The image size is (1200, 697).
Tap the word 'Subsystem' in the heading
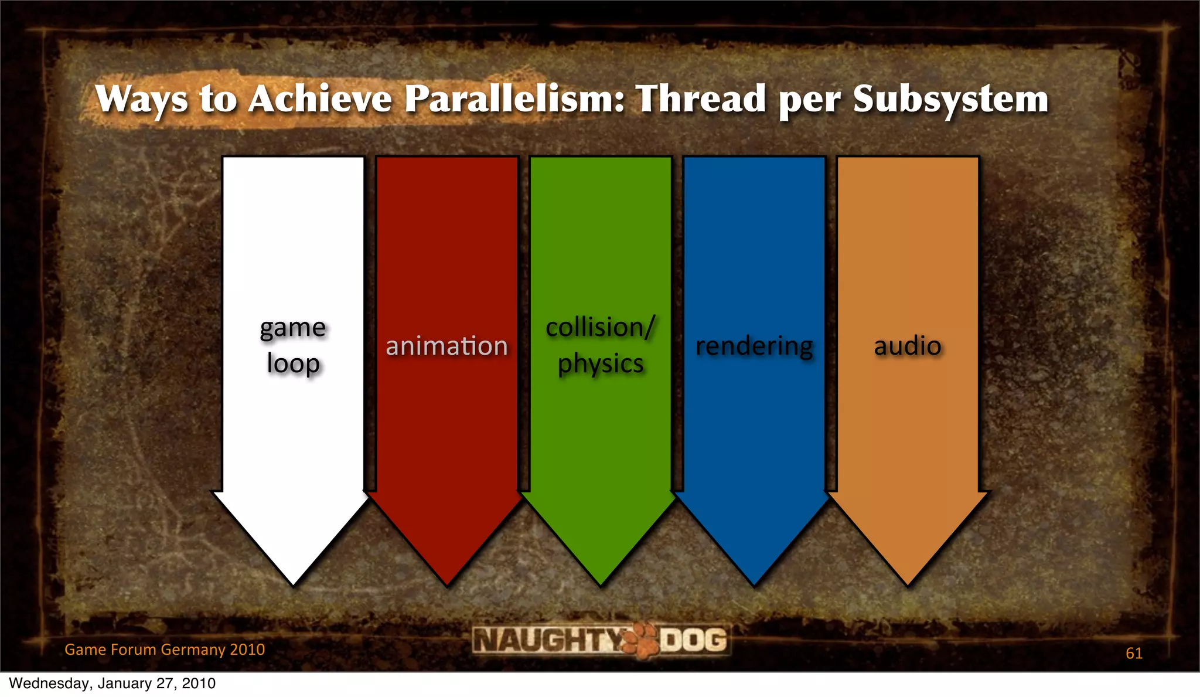click(950, 98)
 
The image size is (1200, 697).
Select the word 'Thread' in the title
click(701, 98)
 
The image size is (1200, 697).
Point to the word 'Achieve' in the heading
click(320, 98)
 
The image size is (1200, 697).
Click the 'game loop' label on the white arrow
click(293, 346)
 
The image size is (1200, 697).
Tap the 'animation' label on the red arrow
click(446, 346)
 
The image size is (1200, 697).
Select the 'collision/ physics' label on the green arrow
click(600, 346)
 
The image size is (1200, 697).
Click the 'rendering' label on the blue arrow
click(754, 346)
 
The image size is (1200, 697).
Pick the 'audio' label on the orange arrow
click(908, 346)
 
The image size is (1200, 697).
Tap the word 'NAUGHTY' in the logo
click(548, 640)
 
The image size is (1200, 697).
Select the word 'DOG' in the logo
click(694, 640)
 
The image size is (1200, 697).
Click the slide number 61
click(1134, 653)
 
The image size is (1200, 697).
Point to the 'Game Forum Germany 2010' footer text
click(165, 650)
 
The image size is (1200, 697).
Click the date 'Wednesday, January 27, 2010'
click(112, 684)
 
